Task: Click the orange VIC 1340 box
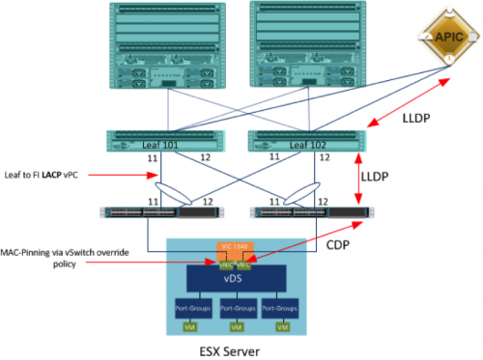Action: tap(239, 248)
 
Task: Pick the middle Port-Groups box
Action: tap(238, 309)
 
